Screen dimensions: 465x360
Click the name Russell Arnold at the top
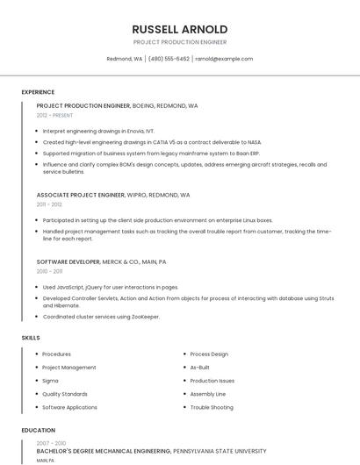coord(179,29)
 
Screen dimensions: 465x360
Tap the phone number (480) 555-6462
coord(169,59)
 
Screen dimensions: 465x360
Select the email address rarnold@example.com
coord(224,59)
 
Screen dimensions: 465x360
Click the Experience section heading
coord(38,92)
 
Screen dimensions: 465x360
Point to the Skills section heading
coord(31,337)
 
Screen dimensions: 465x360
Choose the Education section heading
coord(38,431)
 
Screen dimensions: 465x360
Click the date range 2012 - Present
coord(54,115)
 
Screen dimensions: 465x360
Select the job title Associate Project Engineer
coord(81,195)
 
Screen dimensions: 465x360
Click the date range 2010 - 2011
coord(49,271)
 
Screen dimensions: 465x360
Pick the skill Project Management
coord(69,368)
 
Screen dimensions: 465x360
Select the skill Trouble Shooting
coord(212,407)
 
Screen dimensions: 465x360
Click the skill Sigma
coord(50,381)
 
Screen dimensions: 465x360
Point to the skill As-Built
coord(199,368)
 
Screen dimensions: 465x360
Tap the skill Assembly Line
coord(208,394)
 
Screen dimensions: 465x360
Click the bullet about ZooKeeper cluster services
coord(101,317)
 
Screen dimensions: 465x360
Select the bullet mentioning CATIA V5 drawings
coord(152,141)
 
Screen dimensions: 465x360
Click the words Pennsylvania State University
coord(220,450)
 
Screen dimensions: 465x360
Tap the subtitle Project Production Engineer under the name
coord(179,42)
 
